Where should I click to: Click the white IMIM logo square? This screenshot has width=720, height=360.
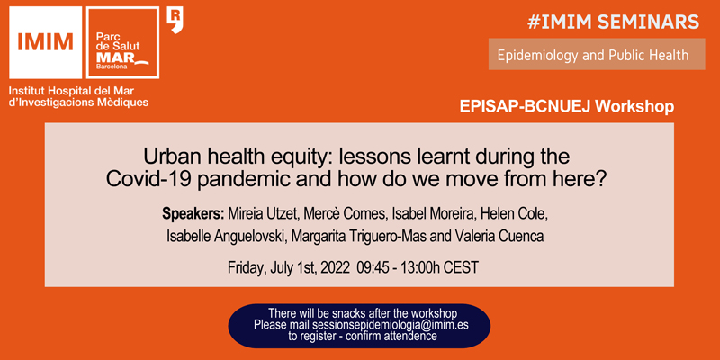[x=46, y=42]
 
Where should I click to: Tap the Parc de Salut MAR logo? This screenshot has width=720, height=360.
[x=122, y=42]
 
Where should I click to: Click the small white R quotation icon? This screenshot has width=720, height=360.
[x=175, y=21]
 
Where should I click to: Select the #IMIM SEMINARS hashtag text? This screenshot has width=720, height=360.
[x=614, y=22]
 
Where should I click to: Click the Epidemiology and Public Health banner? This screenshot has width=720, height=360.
[x=597, y=54]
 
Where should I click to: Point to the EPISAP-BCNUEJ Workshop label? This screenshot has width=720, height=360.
[x=567, y=106]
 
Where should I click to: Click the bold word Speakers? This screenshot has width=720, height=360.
[x=193, y=214]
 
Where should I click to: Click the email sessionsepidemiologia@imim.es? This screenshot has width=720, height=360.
[x=391, y=325]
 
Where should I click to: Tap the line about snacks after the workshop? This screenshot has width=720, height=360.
[x=363, y=314]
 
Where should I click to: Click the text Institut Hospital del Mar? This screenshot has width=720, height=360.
[x=75, y=91]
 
